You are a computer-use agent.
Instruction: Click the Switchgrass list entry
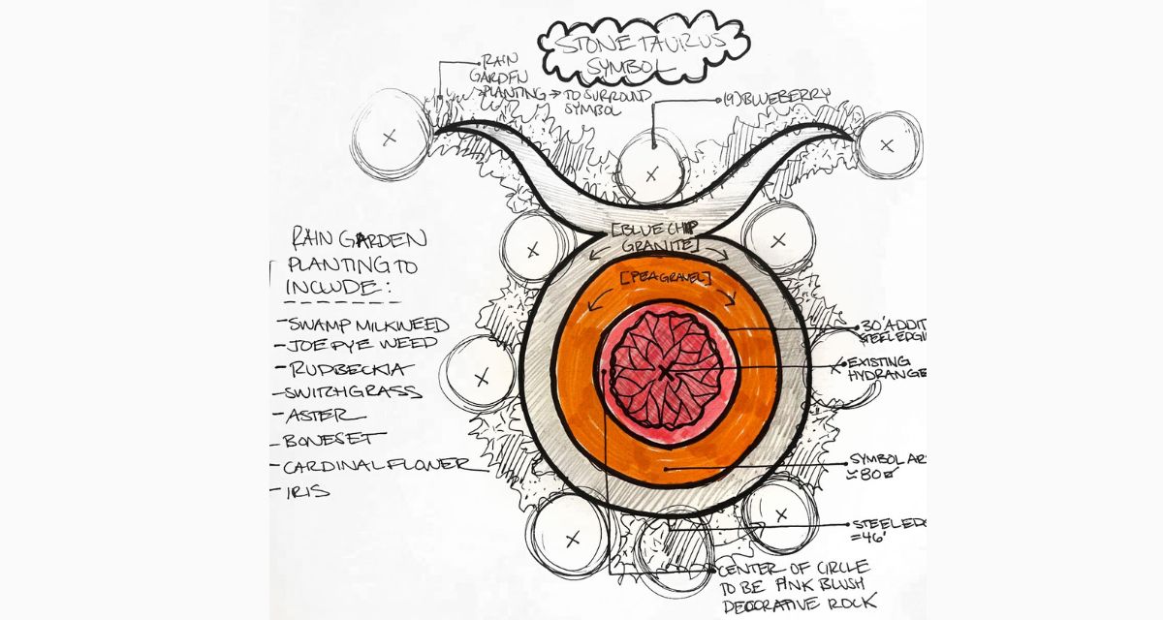coord(352,392)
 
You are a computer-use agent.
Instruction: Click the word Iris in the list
coord(303,490)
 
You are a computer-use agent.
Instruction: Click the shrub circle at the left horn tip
coord(390,138)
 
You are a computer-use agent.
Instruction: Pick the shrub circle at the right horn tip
coord(887,144)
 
